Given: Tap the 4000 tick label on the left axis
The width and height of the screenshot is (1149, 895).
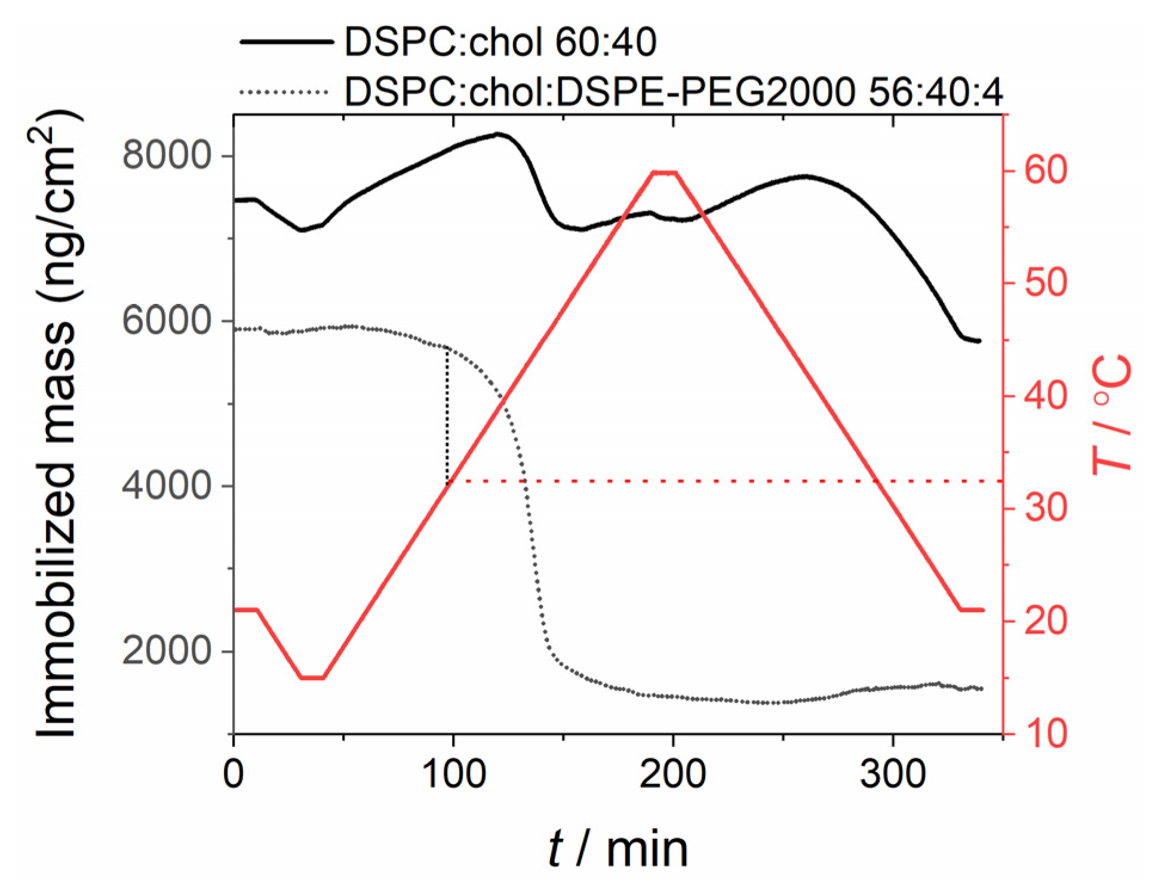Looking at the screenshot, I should pyautogui.click(x=167, y=485).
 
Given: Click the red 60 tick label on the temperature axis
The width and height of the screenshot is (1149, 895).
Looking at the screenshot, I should pyautogui.click(x=1046, y=170).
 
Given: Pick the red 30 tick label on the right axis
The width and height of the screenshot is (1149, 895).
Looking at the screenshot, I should pyautogui.click(x=1046, y=508).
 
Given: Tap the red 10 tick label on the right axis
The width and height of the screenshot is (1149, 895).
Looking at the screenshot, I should pyautogui.click(x=1046, y=733).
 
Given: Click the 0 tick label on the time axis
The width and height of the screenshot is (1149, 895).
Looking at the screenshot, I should pyautogui.click(x=234, y=774).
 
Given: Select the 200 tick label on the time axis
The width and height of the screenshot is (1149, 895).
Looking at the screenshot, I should pyautogui.click(x=673, y=774).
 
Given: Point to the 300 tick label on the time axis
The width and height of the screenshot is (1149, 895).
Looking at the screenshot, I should pyautogui.click(x=893, y=774).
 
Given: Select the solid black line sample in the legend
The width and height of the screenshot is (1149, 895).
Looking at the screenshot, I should pyautogui.click(x=285, y=42).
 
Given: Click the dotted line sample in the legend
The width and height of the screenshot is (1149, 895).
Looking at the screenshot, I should pyautogui.click(x=284, y=92).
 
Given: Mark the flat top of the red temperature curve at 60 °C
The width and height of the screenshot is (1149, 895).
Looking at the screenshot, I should pyautogui.click(x=665, y=173).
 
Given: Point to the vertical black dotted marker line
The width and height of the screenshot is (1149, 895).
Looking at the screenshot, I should pyautogui.click(x=447, y=418).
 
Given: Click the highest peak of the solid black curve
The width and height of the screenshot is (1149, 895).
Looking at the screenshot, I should pyautogui.click(x=497, y=134).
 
